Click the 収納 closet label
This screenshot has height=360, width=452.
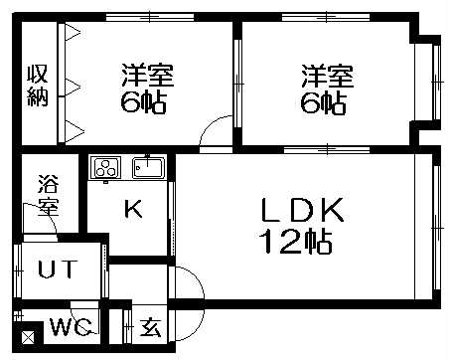click(x=38, y=84)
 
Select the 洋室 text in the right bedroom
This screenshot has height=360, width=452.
click(x=327, y=76)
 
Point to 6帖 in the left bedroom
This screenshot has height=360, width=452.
click(x=145, y=102)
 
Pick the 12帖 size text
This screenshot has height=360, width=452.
click(x=295, y=240)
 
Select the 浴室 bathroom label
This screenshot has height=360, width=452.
click(x=47, y=196)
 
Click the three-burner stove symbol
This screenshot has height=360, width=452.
click(x=105, y=167)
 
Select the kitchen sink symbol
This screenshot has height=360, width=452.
click(x=149, y=167)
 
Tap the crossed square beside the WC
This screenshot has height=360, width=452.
click(x=27, y=336)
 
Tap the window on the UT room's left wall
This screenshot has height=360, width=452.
click(x=19, y=270)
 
